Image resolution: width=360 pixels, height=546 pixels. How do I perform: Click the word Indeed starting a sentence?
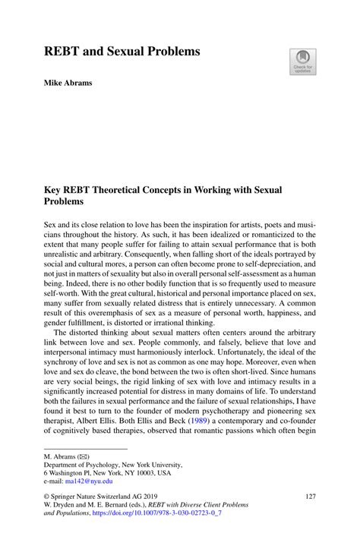coord(70,290)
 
